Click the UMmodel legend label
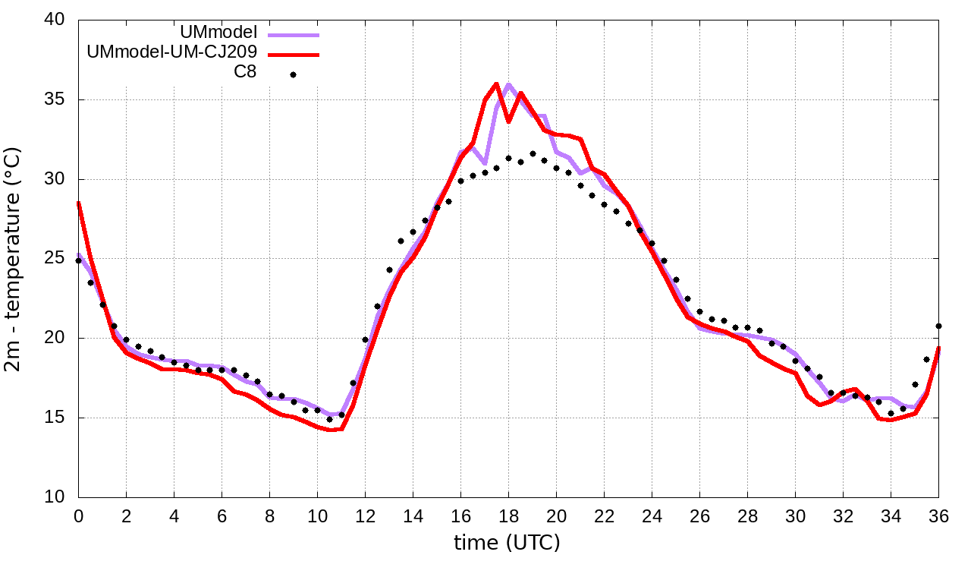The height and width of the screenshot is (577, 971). (219, 33)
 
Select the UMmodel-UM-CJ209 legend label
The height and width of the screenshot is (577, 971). (172, 53)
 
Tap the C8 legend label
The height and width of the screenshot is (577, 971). (245, 73)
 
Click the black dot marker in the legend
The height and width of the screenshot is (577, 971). (293, 74)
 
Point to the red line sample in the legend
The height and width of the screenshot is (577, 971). (293, 54)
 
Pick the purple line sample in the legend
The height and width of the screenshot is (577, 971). (293, 34)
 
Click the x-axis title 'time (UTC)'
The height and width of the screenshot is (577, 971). (507, 544)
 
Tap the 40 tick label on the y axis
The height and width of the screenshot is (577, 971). (55, 20)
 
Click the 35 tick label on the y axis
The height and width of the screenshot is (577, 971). (55, 99)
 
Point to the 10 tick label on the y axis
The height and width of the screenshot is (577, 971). (55, 497)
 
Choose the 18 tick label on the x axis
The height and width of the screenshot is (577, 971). (508, 516)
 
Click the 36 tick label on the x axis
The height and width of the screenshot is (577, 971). (938, 516)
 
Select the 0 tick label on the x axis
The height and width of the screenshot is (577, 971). (78, 516)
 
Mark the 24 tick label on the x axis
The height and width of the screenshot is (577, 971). (652, 516)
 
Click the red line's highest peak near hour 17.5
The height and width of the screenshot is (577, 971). (496, 84)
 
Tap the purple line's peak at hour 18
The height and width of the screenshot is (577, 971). (508, 84)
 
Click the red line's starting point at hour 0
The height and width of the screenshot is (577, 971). (78, 203)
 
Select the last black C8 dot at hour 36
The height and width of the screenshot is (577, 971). (938, 326)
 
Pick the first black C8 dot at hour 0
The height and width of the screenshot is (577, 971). (78, 260)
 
